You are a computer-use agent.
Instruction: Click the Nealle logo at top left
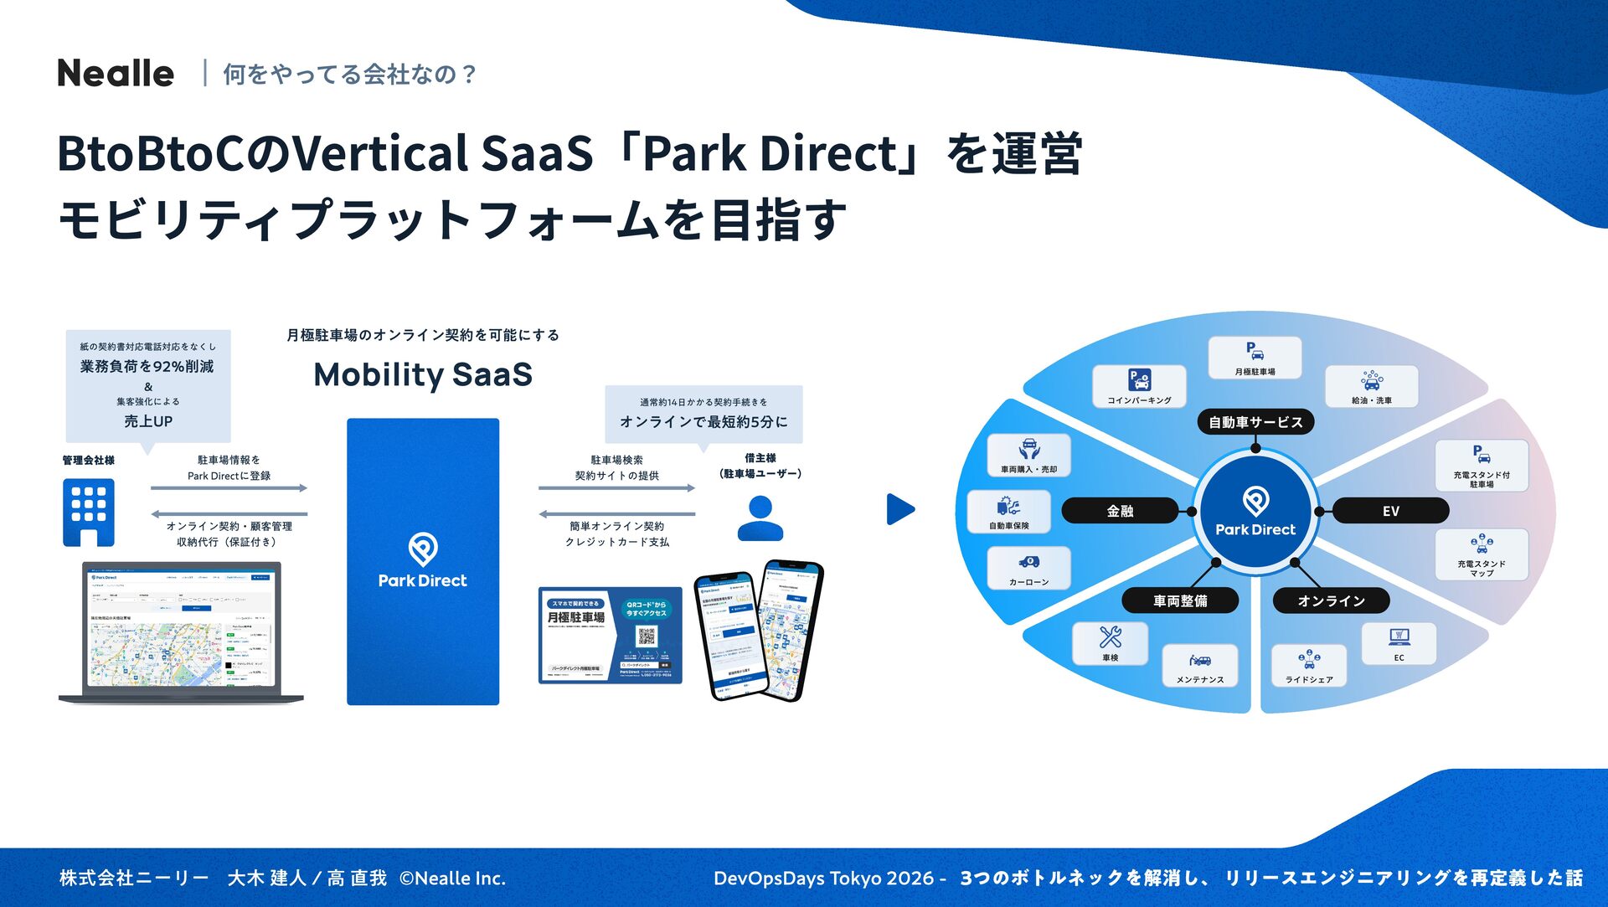[116, 74]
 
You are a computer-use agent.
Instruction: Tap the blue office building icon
[89, 512]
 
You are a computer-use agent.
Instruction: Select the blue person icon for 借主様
[760, 518]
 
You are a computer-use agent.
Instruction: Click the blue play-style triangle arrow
[899, 509]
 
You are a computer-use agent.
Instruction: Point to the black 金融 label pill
[1120, 511]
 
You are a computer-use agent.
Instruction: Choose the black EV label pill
[1390, 511]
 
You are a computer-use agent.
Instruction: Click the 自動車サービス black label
[1255, 422]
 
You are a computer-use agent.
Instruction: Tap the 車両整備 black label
[1180, 600]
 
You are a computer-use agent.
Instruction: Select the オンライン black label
[1331, 600]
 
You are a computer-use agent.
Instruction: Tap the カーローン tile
[1028, 568]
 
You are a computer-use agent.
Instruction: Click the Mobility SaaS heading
[423, 374]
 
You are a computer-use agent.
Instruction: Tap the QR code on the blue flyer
[646, 636]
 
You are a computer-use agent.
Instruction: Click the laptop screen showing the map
[181, 627]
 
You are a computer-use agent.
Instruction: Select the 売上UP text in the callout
[148, 421]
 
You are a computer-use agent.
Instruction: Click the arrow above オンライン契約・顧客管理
[229, 513]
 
